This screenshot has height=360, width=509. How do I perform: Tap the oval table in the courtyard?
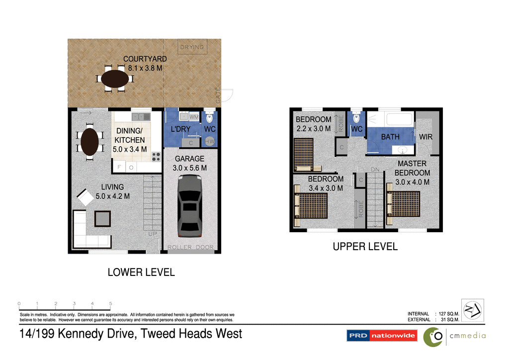(115, 79)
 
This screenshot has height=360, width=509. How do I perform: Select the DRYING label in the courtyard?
(192, 48)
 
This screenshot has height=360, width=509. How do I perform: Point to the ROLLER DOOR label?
(190, 247)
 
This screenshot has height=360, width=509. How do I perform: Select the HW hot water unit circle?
(210, 141)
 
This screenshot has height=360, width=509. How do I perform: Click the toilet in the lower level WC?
(209, 117)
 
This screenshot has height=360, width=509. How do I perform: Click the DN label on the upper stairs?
(375, 170)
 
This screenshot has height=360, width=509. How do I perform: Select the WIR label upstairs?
(426, 136)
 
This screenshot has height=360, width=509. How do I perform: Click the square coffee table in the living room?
(103, 218)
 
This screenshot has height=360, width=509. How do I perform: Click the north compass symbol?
(471, 311)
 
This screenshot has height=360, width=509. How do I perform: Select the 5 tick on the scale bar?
(110, 304)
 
